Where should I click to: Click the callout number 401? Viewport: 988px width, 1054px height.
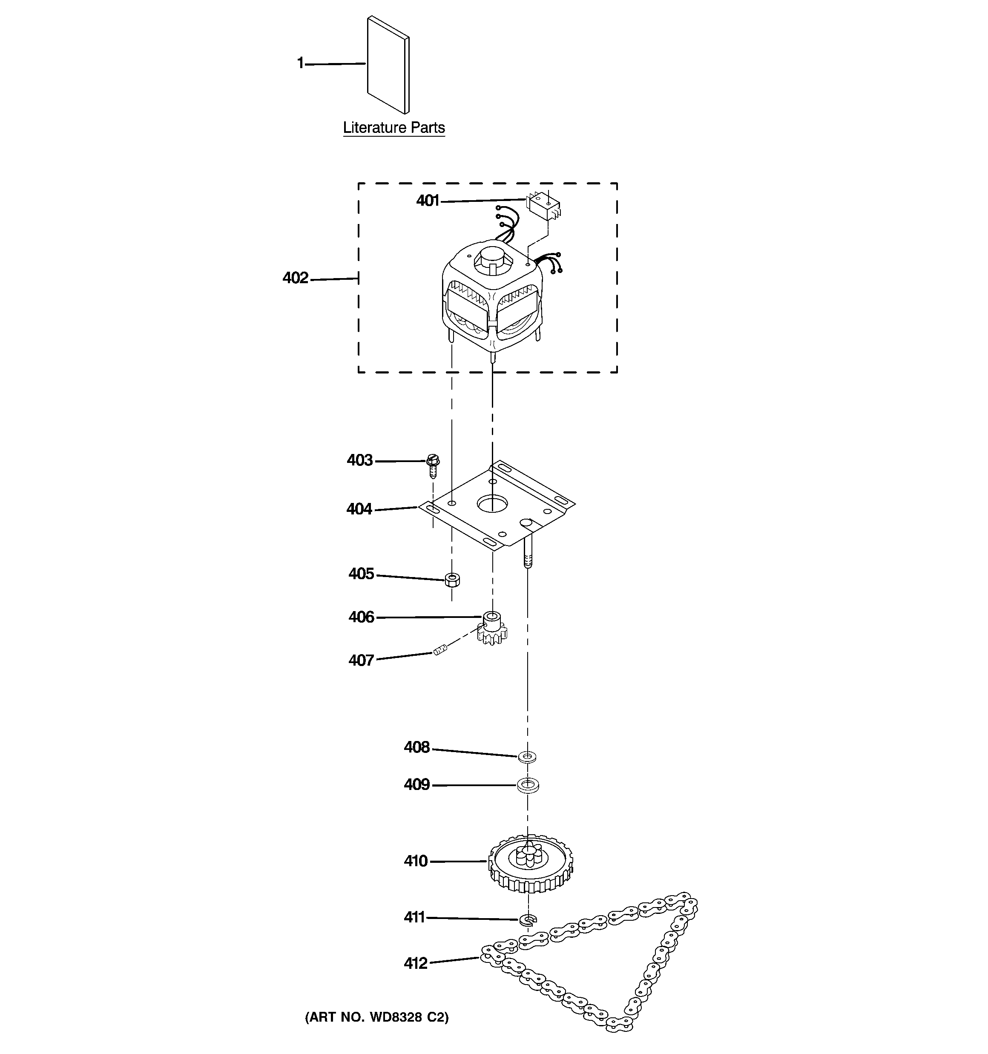(428, 201)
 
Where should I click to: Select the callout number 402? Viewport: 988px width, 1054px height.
(296, 278)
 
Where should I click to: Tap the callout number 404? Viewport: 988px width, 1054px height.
(359, 509)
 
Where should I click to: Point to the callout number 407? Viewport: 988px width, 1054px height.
(361, 661)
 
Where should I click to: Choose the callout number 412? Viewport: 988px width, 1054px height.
(416, 963)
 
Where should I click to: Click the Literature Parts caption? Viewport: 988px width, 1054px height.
(393, 128)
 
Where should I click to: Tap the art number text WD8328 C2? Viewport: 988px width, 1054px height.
(376, 1017)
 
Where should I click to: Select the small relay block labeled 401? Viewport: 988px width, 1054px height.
(543, 207)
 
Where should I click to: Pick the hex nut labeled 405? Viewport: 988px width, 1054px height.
(452, 580)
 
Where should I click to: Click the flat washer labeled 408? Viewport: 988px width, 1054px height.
(527, 756)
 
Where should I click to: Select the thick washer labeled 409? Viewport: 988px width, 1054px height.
(528, 785)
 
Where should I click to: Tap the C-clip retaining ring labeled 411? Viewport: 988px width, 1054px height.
(528, 919)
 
